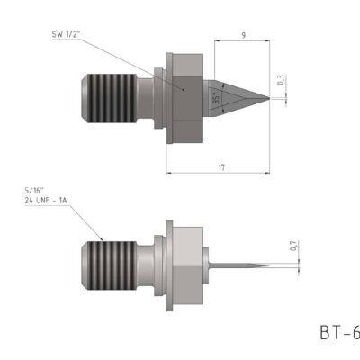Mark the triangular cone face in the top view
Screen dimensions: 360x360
[x=236, y=96]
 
